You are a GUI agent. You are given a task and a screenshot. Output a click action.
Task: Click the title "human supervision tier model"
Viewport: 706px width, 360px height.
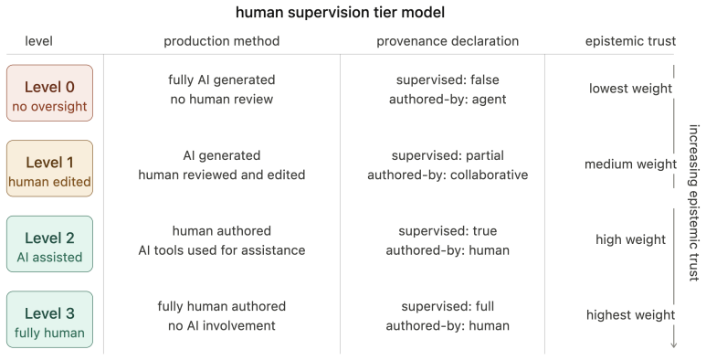coord(340,12)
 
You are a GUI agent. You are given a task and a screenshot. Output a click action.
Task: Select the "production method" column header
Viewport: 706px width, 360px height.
coord(222,41)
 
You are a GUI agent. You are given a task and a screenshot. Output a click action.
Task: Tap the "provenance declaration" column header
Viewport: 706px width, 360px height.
coord(448,41)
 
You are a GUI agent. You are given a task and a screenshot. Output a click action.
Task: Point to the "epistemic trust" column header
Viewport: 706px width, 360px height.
coord(630,41)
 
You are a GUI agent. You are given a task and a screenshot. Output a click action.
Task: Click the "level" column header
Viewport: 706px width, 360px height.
coord(38,41)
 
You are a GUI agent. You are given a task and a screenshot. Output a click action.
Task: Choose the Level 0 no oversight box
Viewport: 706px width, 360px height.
coord(49,93)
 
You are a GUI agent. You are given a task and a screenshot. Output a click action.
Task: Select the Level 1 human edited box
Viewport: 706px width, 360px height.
coord(49,168)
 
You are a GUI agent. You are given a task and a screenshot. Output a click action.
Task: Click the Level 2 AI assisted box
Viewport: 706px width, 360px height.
coord(49,244)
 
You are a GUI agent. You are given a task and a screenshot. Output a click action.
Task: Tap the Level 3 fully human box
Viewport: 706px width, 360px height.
coord(49,320)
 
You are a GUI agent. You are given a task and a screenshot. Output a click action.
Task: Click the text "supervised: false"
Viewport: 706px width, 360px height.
coord(448,79)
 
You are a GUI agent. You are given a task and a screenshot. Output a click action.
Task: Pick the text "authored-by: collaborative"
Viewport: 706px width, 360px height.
coord(448,175)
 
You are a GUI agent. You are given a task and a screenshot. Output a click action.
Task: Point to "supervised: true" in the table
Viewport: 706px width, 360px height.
coord(448,230)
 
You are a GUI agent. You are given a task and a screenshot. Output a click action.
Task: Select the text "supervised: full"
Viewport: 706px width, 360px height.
coord(448,306)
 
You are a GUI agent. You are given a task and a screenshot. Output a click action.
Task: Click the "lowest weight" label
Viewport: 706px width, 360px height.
coord(630,89)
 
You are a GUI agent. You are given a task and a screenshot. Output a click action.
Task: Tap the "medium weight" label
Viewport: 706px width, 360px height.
coord(630,164)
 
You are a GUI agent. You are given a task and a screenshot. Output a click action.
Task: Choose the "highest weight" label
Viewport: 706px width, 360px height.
coord(630,315)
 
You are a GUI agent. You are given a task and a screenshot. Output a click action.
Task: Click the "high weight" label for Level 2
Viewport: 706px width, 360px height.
coord(630,239)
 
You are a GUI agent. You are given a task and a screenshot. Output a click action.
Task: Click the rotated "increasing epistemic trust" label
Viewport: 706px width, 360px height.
coord(693,203)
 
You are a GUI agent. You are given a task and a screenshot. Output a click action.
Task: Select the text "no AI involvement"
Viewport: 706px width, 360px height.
coord(222,326)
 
